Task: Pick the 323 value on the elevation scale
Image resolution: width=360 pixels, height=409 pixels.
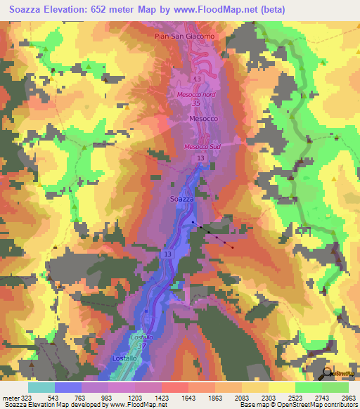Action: pyautogui.click(x=23, y=398)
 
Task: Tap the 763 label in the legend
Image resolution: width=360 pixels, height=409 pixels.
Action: pyautogui.click(x=82, y=398)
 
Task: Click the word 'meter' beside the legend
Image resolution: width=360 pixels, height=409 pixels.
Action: pyautogui.click(x=9, y=398)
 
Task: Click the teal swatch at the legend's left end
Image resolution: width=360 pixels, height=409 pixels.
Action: pyautogui.click(x=41, y=387)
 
